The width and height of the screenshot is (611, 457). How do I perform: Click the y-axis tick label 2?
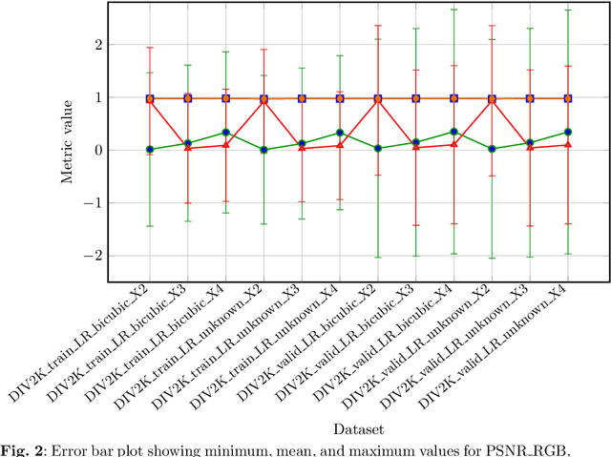95,44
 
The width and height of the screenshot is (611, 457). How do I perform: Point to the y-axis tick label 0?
95,150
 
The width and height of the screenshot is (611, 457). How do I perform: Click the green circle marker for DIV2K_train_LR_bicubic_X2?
150,149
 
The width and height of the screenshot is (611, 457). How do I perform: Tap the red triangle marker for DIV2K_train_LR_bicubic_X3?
188,148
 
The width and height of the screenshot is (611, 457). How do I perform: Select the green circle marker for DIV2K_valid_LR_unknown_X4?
568,132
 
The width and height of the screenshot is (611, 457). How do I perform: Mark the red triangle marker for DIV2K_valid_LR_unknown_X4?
568,144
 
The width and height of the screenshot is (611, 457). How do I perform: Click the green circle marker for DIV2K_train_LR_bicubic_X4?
226,132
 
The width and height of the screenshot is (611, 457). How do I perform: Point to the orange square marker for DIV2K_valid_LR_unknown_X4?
568,98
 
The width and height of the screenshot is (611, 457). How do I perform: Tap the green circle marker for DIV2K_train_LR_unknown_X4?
340,133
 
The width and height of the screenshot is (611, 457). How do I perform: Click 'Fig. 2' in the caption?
22,450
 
